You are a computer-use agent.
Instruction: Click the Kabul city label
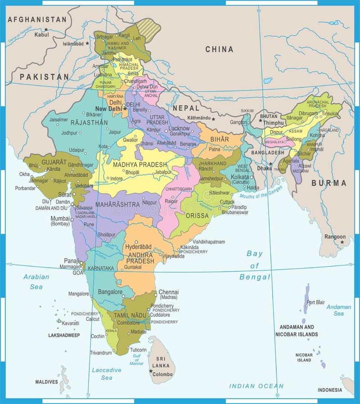[41, 35]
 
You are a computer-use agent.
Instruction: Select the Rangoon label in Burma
[335, 237]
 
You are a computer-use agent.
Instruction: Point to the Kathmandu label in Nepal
[199, 118]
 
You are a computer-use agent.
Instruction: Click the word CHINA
[219, 49]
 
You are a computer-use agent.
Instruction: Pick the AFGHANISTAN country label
[37, 19]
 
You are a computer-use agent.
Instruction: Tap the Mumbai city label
[60, 219]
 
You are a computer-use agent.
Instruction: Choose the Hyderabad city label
[139, 247]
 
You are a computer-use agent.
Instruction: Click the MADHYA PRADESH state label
[139, 165]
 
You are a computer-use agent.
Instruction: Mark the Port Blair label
[315, 302]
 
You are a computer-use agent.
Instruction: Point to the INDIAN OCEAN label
[256, 386]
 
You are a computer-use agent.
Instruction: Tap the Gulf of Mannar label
[137, 359]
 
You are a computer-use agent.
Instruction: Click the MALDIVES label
[47, 382]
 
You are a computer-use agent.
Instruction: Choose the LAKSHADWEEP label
[64, 335]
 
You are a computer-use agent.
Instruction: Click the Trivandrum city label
[101, 353]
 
